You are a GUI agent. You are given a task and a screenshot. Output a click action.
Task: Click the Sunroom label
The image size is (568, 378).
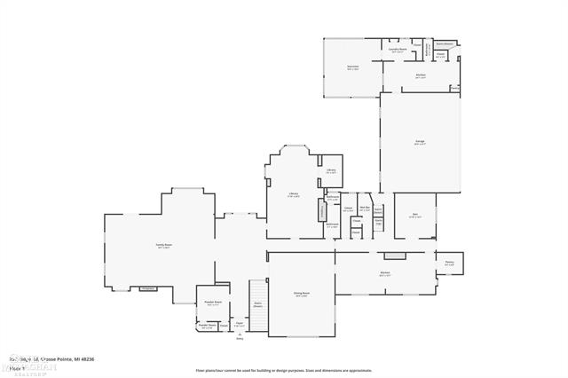tap(352, 67)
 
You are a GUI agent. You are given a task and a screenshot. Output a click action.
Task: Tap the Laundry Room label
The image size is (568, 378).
tap(398, 51)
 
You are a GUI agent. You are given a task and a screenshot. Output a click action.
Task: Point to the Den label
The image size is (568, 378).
tap(414, 216)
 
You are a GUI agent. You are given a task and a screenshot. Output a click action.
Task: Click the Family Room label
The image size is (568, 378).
tap(163, 248)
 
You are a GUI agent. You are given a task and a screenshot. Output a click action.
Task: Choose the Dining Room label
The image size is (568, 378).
tap(302, 294)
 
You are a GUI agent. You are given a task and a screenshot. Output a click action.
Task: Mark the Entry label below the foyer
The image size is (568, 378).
tap(239, 338)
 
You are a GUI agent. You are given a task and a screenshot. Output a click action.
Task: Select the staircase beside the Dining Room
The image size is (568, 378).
tap(258, 302)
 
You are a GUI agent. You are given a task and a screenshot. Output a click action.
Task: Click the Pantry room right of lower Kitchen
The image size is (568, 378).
tap(449, 263)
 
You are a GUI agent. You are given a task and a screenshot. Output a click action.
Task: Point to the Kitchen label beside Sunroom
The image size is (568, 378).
tap(421, 76)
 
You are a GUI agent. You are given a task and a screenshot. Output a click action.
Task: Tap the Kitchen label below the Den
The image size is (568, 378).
tap(385, 273)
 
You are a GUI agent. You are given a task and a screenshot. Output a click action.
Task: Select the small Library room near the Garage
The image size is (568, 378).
tap(330, 170)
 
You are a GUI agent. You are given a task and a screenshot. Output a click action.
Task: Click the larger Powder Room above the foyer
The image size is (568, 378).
tap(213, 303)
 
